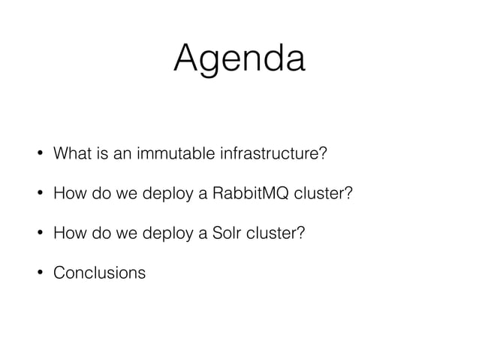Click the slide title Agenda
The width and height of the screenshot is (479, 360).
[239, 59]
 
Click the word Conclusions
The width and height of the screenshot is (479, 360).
[99, 272]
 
